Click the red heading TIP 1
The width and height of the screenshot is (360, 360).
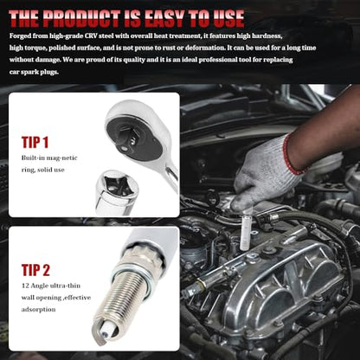(x=35, y=142)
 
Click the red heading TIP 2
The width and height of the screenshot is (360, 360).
(x=35, y=270)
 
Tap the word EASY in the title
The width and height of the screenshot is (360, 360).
(x=165, y=18)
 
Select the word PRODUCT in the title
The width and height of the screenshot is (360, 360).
(x=81, y=19)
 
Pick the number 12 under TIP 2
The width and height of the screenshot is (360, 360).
(x=25, y=286)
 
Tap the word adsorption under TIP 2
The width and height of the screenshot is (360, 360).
(x=38, y=310)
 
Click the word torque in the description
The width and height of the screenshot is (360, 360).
(x=35, y=48)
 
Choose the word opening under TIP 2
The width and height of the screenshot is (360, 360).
(x=48, y=298)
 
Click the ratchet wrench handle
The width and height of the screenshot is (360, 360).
(x=172, y=175)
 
